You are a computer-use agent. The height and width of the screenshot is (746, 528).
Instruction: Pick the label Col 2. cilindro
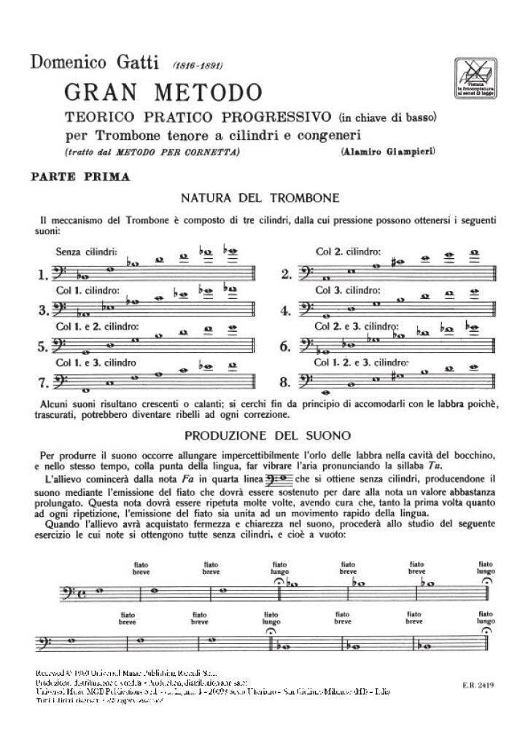click(x=349, y=252)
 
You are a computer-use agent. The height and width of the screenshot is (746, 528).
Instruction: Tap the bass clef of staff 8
click(x=305, y=380)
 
